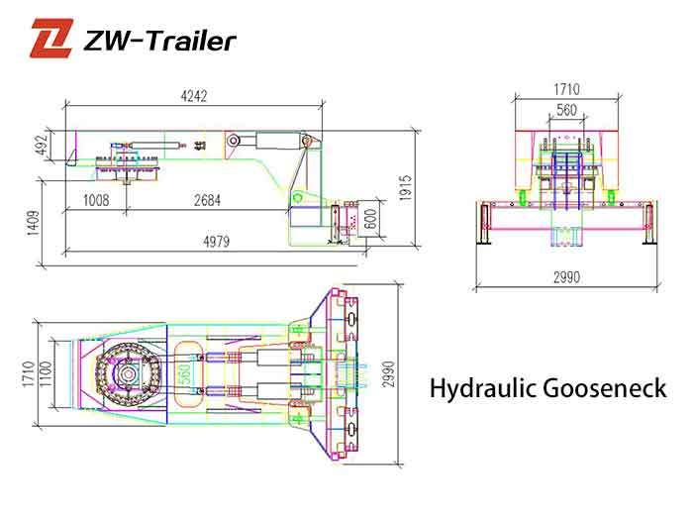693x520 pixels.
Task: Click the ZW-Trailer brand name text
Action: (161, 41)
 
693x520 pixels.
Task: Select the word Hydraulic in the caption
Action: (474, 387)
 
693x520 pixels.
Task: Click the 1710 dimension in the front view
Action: (566, 90)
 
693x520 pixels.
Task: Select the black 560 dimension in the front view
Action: (566, 111)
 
